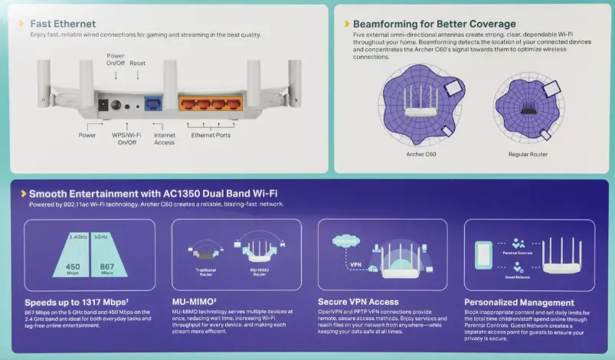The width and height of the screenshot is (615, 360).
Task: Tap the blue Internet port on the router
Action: pyautogui.click(x=155, y=103)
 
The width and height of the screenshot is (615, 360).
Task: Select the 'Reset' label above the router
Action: pyautogui.click(x=137, y=63)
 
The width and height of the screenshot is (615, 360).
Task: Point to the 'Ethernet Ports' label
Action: pyautogui.click(x=211, y=135)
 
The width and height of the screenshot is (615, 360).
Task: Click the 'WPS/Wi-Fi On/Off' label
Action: pyautogui.click(x=126, y=139)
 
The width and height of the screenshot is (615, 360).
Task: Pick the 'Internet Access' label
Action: pyautogui.click(x=164, y=139)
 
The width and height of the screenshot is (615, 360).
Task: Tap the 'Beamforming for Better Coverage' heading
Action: pyautogui.click(x=434, y=24)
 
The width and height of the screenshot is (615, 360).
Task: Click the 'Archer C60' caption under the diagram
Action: pyautogui.click(x=420, y=154)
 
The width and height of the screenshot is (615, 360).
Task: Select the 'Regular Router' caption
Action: pyautogui.click(x=528, y=154)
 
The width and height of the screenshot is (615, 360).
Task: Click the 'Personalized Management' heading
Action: pyautogui.click(x=518, y=303)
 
